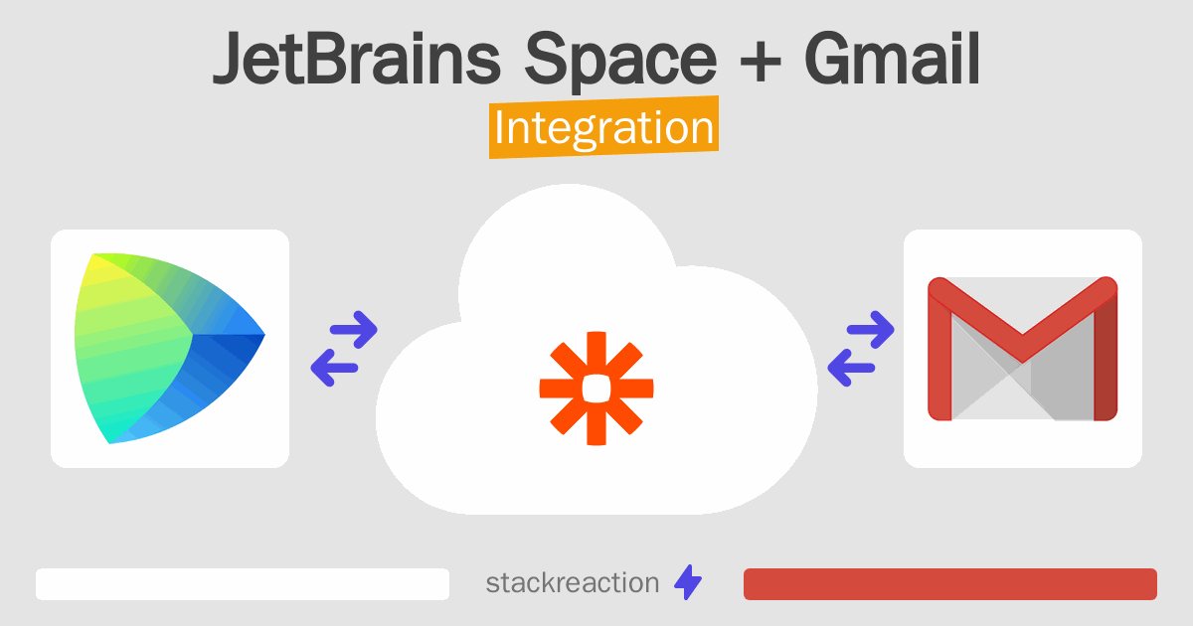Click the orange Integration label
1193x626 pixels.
[603, 128]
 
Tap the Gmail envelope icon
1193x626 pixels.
[1022, 348]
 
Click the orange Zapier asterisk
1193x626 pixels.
[596, 388]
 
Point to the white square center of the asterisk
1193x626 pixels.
[596, 388]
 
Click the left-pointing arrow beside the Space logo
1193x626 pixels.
[336, 369]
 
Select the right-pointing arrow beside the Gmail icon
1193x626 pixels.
[869, 329]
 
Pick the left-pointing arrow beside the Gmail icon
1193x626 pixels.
[852, 369]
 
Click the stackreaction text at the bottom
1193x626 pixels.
[572, 582]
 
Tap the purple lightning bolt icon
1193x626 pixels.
[688, 583]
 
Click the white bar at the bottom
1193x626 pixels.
[243, 584]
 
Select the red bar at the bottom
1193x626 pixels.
[949, 584]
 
